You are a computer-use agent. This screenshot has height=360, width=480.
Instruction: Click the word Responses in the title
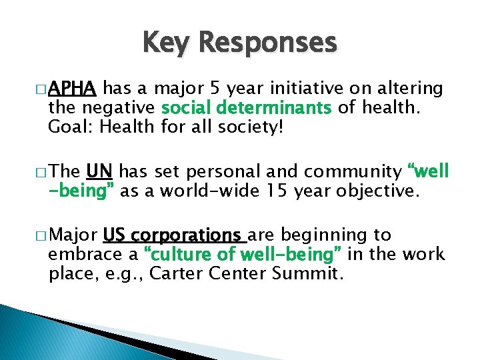(268, 43)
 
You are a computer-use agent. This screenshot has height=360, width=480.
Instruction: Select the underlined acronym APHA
(73, 89)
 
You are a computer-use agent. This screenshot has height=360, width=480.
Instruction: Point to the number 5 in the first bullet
(215, 89)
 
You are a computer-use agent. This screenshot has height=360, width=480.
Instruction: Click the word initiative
(316, 89)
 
